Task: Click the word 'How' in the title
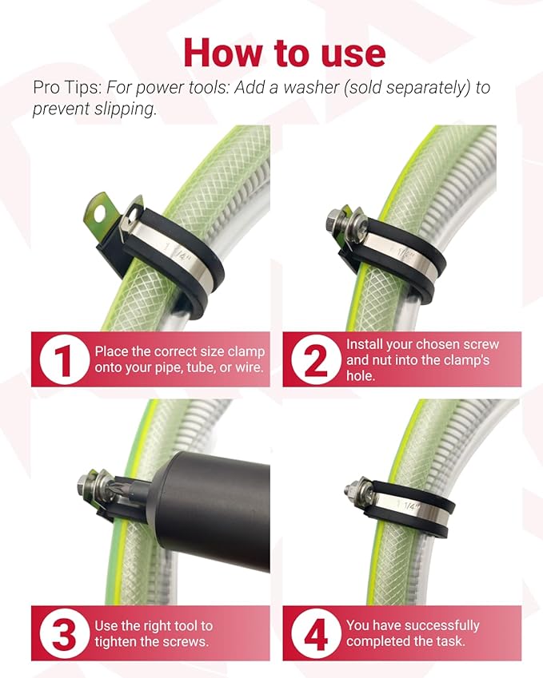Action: [222, 53]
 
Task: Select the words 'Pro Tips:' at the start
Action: [67, 87]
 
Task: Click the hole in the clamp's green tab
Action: [101, 212]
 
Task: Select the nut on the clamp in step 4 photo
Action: [352, 490]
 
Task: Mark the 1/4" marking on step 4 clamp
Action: [408, 505]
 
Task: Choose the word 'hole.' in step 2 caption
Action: [361, 376]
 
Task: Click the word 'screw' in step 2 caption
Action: [479, 345]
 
